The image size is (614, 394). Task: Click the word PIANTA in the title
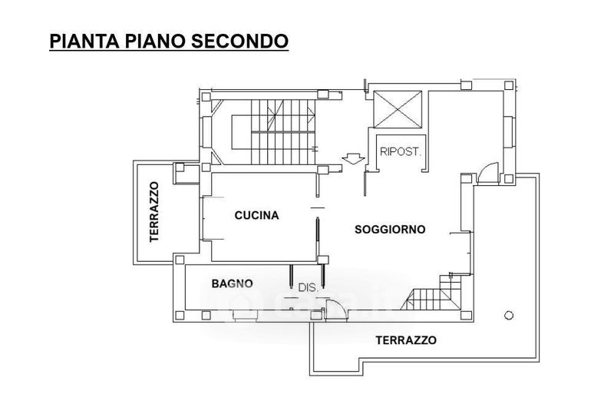pos(84,41)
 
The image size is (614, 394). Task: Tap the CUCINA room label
pos(257,215)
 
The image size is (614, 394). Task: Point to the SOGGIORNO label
pos(390,230)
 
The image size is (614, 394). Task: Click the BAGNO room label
pos(233,283)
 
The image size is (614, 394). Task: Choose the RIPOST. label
pos(400,152)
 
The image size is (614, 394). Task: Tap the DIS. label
pos(309,287)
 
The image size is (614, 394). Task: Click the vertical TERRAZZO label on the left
pos(154,212)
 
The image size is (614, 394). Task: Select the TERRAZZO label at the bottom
pos(406,340)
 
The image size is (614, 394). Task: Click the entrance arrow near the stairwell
pos(353,158)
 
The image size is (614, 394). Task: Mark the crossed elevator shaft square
pos(398,109)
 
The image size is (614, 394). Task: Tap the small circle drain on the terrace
pos(509,315)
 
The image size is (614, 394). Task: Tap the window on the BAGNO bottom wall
pos(246,315)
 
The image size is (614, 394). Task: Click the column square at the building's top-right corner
pos(509,85)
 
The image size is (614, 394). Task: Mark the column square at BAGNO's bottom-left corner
pos(180,315)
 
